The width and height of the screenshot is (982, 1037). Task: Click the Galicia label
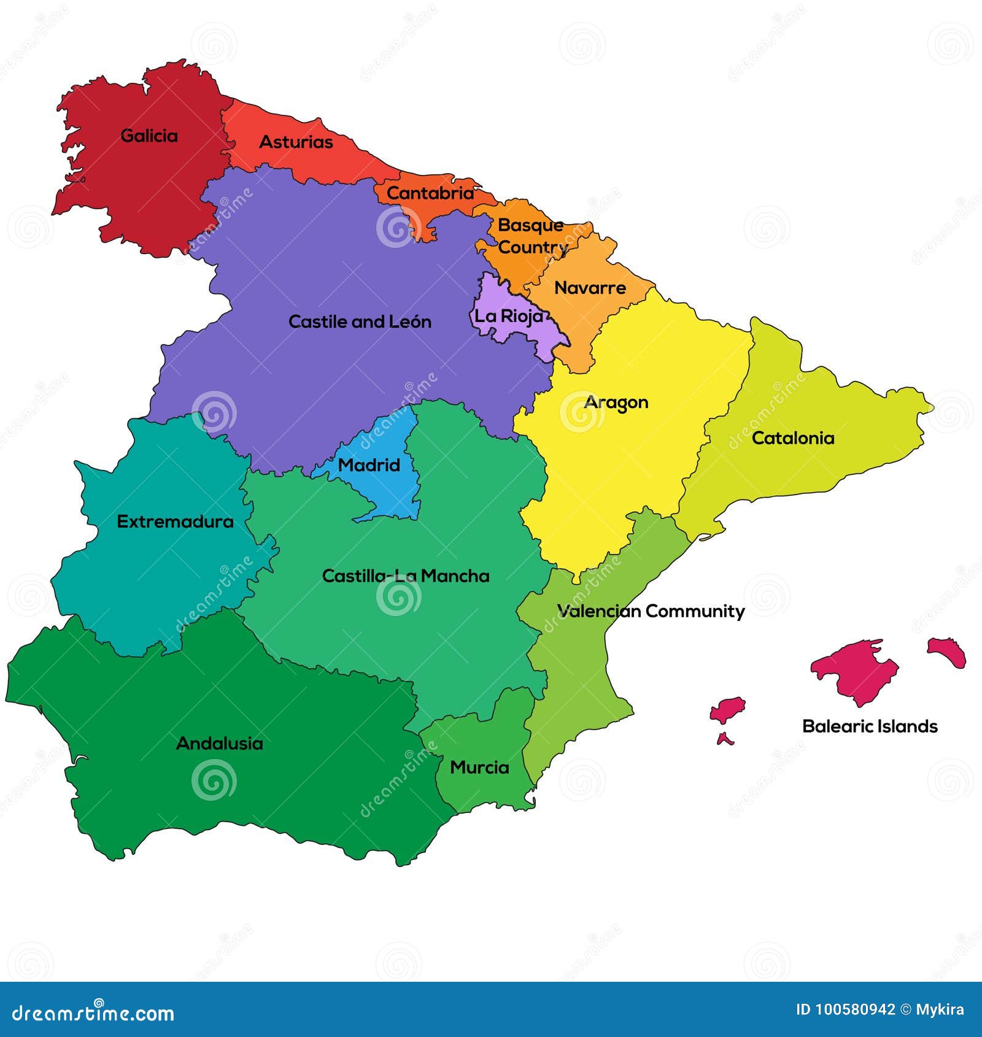(149, 136)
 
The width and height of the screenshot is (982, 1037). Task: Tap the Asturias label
(296, 142)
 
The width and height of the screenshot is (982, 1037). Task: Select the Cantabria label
(430, 193)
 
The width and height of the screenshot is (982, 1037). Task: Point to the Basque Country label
(532, 236)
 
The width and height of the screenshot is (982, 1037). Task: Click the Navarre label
(590, 288)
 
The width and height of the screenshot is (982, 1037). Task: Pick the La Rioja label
(509, 316)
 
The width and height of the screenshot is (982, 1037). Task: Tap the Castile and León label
(360, 322)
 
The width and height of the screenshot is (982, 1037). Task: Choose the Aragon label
(616, 403)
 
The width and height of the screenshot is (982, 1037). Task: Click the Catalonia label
(793, 438)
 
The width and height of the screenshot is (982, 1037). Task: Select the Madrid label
(369, 465)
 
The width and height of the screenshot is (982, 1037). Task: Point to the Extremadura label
(176, 522)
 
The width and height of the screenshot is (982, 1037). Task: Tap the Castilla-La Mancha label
(406, 576)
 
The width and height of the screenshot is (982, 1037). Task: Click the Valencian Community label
(651, 611)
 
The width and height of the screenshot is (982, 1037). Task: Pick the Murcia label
(479, 768)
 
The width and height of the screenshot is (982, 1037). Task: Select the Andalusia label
(220, 744)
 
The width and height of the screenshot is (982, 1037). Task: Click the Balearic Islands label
(870, 727)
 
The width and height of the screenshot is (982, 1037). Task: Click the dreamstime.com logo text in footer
(93, 1013)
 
